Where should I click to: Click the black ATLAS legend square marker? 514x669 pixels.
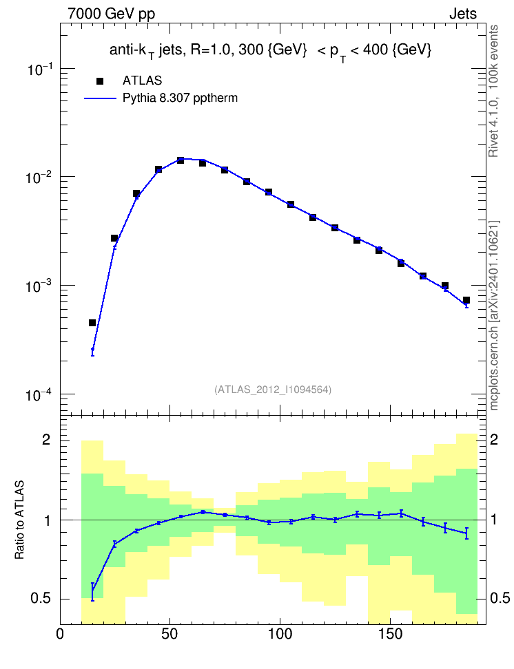pyautogui.click(x=100, y=81)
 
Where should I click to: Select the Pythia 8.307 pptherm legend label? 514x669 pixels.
pyautogui.click(x=180, y=98)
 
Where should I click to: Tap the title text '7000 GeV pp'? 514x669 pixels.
pyautogui.click(x=111, y=14)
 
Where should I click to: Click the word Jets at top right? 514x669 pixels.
pyautogui.click(x=463, y=14)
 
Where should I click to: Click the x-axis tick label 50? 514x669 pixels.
pyautogui.click(x=169, y=634)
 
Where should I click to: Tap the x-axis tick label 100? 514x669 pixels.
pyautogui.click(x=280, y=634)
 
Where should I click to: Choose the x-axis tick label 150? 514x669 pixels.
pyautogui.click(x=390, y=634)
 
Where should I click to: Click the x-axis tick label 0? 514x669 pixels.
pyautogui.click(x=60, y=634)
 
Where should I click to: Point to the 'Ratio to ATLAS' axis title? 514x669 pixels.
pyautogui.click(x=19, y=520)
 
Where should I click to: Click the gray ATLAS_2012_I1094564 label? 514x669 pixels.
pyautogui.click(x=273, y=390)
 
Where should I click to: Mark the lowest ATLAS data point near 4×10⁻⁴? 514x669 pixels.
pyautogui.click(x=92, y=323)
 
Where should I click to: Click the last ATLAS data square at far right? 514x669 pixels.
pyautogui.click(x=466, y=300)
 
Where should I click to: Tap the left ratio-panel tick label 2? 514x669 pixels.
pyautogui.click(x=46, y=439)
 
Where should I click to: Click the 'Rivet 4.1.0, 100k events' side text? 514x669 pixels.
pyautogui.click(x=493, y=91)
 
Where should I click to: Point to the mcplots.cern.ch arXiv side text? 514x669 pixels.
pyautogui.click(x=493, y=316)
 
